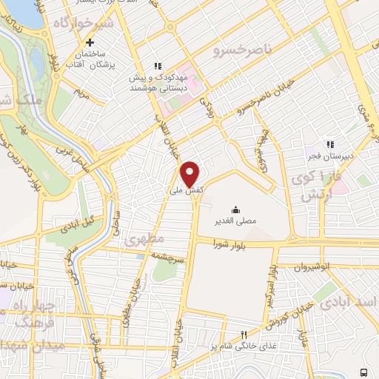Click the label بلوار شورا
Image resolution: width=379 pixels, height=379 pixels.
[x=230, y=243]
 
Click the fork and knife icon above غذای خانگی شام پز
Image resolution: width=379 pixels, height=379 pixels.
[x=244, y=335]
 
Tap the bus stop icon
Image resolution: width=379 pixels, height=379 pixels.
[x=363, y=372]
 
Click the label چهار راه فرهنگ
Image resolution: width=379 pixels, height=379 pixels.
[x=30, y=315]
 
